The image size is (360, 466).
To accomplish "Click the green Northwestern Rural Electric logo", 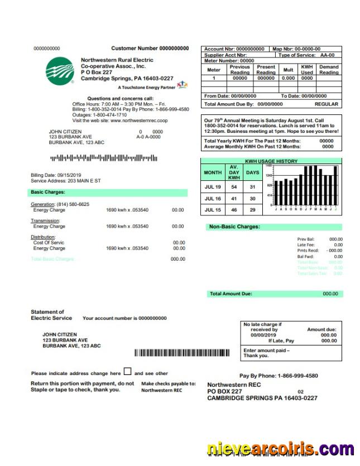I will click(x=60, y=70).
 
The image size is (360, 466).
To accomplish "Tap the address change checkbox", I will click(x=127, y=372).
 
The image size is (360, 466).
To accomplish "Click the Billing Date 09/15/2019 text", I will click(x=56, y=175).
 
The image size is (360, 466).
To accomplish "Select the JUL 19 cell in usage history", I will click(x=213, y=187).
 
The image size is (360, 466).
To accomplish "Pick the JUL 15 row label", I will click(x=213, y=210).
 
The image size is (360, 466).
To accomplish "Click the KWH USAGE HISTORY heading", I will click(x=271, y=161).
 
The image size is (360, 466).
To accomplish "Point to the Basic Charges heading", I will click(x=48, y=192).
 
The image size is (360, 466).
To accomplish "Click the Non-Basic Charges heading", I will click(x=234, y=227).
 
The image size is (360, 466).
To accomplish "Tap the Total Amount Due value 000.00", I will click(x=330, y=294).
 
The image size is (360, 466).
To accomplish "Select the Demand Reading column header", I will click(x=329, y=70).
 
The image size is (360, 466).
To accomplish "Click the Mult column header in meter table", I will click(x=288, y=70).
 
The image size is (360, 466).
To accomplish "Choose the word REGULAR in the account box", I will click(x=327, y=104).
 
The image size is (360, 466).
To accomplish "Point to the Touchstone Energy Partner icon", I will click(x=182, y=86).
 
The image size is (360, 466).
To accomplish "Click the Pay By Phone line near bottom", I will click(x=279, y=376).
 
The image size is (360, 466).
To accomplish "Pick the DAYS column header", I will click(x=253, y=173).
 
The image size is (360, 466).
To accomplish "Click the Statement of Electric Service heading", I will click(x=51, y=315).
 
